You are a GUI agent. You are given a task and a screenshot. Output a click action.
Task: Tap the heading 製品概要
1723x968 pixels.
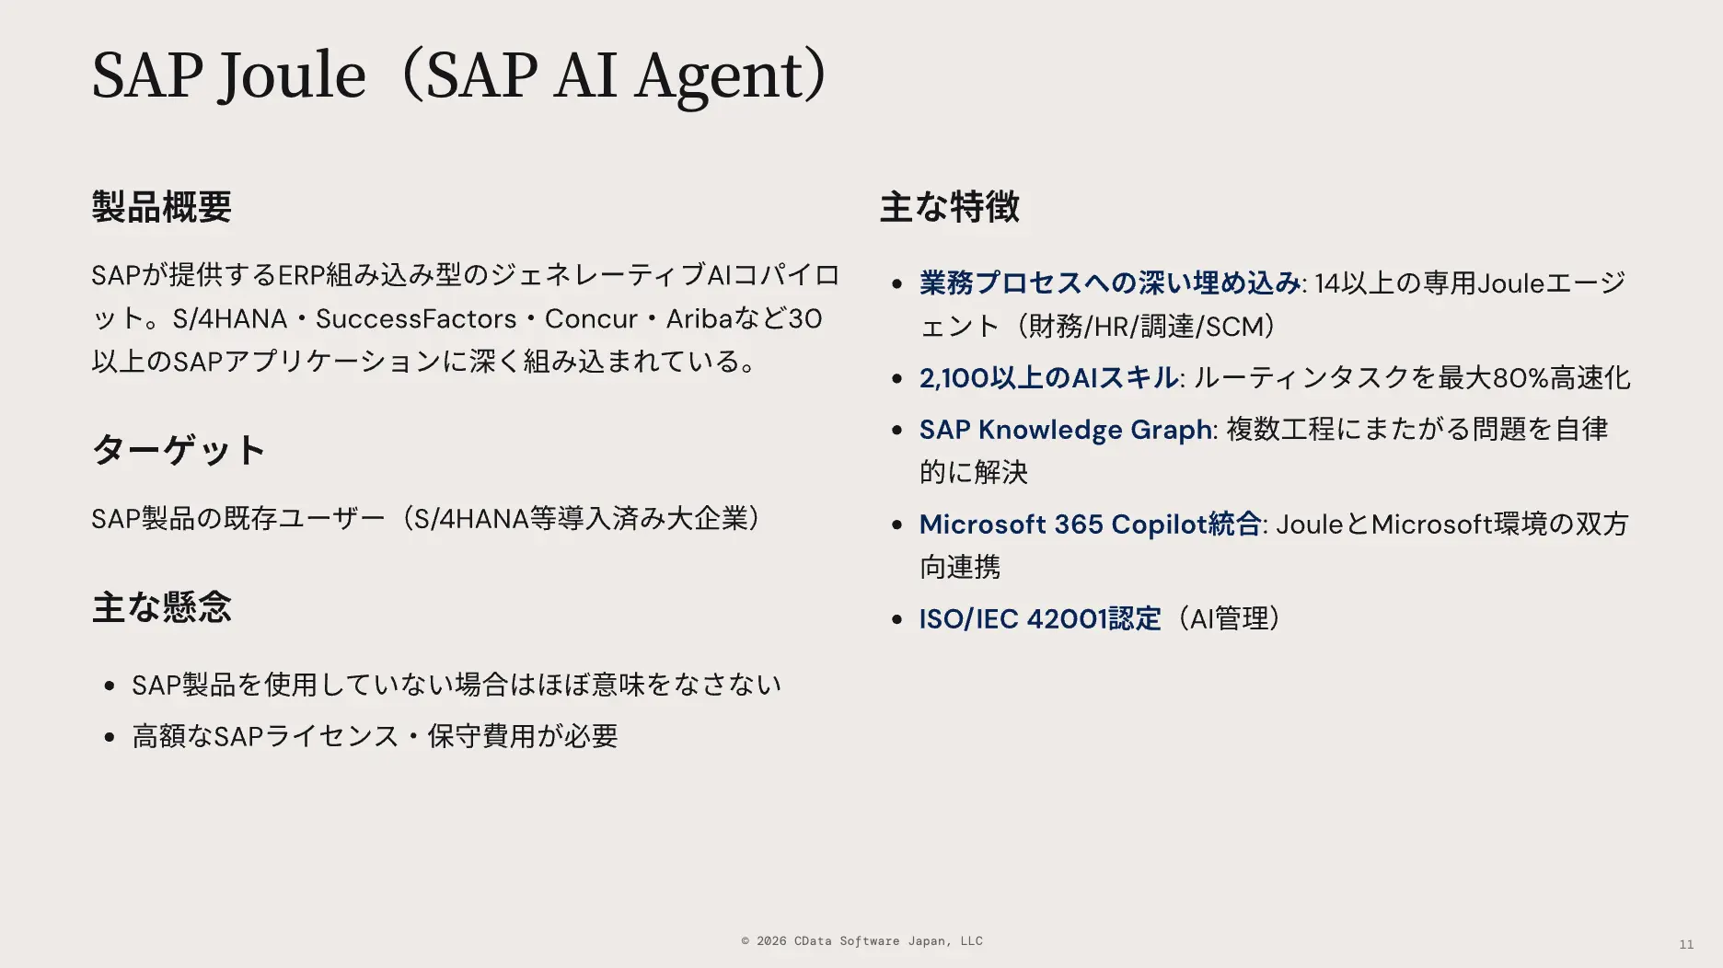(161, 206)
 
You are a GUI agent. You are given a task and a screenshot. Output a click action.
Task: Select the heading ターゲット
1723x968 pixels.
(179, 450)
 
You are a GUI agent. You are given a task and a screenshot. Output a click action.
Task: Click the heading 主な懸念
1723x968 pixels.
(161, 607)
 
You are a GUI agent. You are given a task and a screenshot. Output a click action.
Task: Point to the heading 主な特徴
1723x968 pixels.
(949, 206)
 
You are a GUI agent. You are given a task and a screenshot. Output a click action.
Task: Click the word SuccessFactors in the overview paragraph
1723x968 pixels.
(415, 318)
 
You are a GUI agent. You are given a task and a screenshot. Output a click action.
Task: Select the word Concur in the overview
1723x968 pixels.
(591, 318)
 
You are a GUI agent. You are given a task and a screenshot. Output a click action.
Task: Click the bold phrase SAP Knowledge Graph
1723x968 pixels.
(1065, 430)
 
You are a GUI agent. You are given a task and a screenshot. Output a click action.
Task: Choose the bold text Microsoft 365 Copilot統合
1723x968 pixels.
(1090, 524)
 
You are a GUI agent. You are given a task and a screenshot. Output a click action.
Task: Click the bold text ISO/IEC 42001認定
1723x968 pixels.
(1040, 619)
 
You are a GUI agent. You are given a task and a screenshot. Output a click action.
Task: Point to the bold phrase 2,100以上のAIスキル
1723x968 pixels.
(1048, 378)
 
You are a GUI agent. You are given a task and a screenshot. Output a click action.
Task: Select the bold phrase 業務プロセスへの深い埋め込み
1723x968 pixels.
(1109, 283)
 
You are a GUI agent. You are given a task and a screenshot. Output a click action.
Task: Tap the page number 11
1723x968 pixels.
(1686, 944)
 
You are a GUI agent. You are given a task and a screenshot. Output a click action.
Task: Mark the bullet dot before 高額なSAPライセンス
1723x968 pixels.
(110, 737)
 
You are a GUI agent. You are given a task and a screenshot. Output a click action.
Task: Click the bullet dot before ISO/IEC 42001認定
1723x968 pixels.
(897, 620)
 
